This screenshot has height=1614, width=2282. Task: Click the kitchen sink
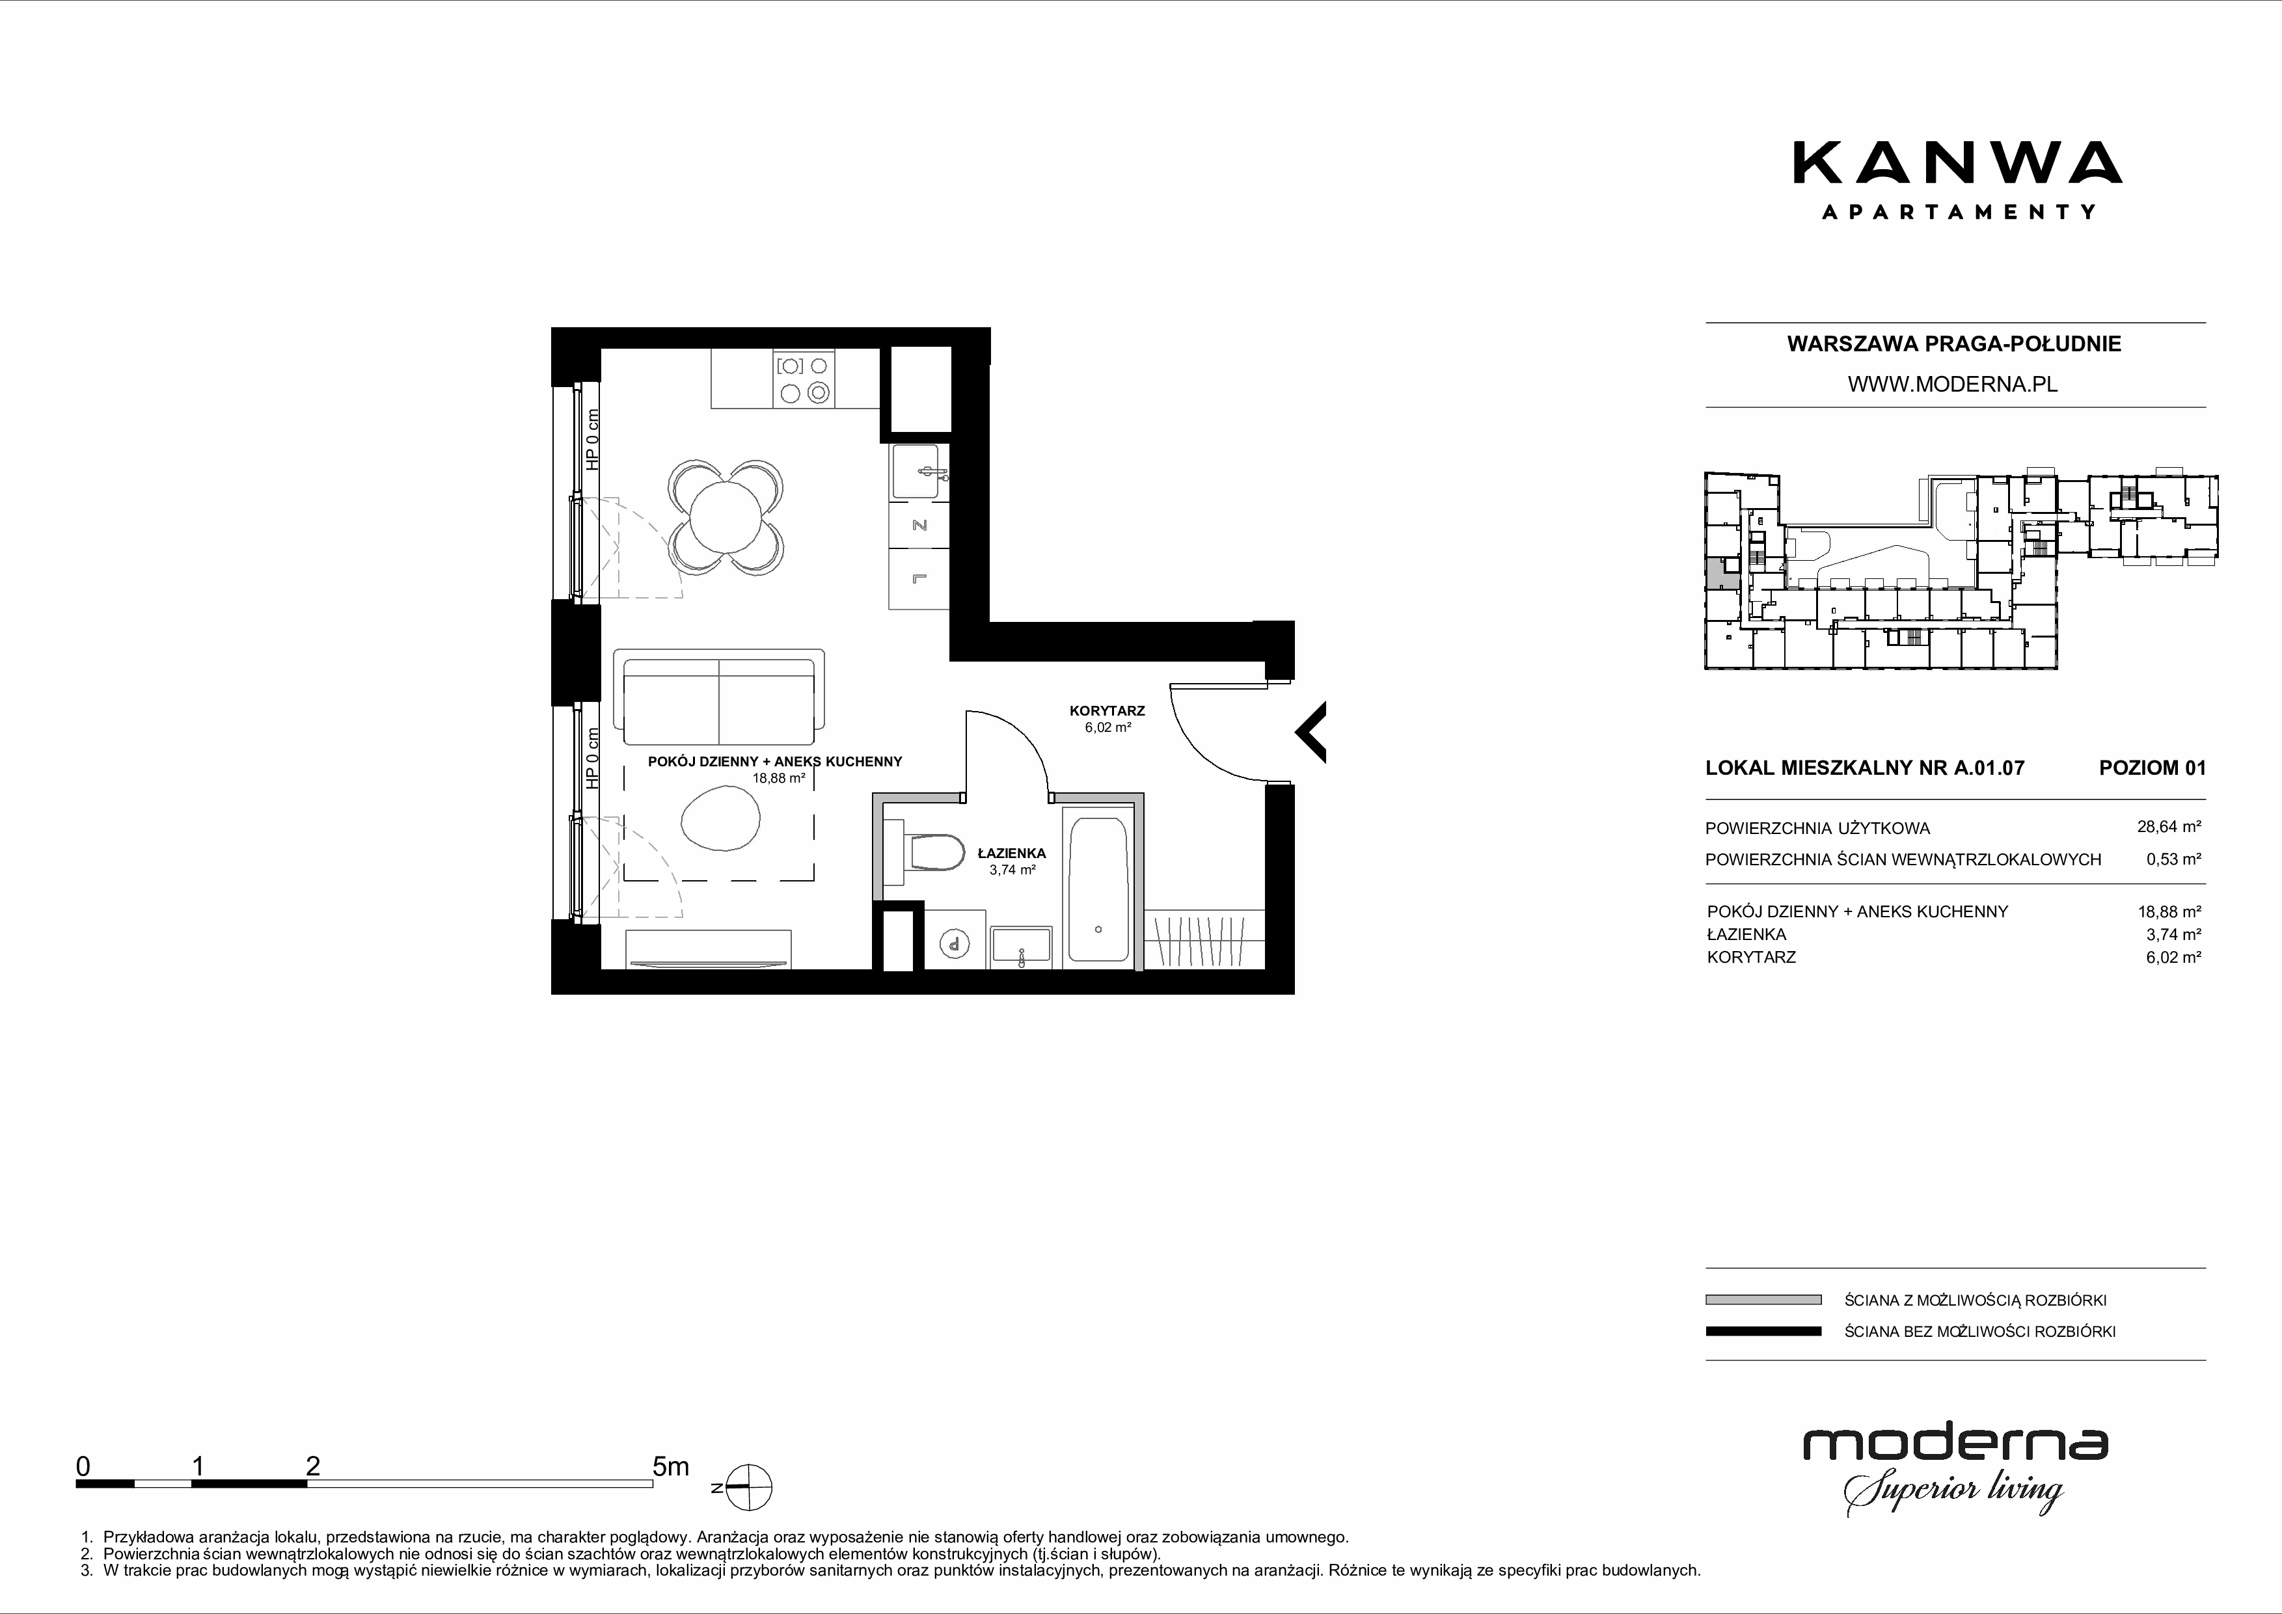[x=919, y=471]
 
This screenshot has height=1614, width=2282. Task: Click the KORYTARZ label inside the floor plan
[x=1107, y=710]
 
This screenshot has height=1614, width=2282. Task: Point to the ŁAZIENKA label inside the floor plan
[x=1012, y=853]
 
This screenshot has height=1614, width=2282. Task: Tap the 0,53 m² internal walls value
[x=2174, y=859]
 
